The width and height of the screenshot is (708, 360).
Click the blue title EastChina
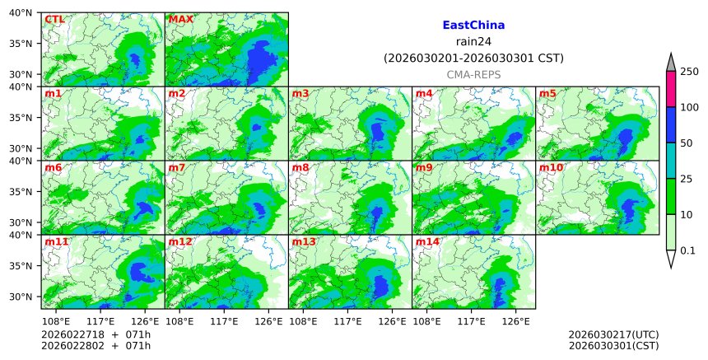click(473, 26)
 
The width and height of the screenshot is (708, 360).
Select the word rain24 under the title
click(473, 42)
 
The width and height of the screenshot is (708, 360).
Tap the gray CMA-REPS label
click(473, 75)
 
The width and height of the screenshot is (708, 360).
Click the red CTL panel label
click(54, 19)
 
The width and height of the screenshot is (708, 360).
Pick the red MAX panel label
click(180, 19)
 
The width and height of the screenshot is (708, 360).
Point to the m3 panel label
click(300, 93)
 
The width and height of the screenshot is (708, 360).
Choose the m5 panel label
click(547, 93)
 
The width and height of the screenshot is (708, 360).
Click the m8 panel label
click(300, 167)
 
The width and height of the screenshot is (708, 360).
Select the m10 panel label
click(551, 167)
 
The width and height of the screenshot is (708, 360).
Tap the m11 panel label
click(57, 241)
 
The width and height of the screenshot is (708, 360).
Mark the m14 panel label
click(427, 241)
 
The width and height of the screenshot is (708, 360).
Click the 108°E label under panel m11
click(55, 320)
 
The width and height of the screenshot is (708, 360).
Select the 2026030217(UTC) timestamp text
click(613, 334)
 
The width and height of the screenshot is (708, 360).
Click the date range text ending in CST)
click(473, 58)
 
